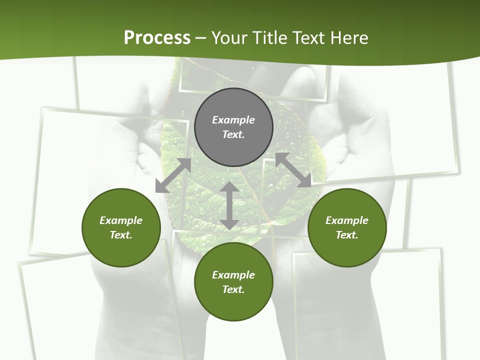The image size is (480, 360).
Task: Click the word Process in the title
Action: tap(157, 38)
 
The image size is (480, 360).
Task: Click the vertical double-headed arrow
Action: tap(229, 205)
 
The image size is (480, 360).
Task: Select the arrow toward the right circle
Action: tap(293, 170)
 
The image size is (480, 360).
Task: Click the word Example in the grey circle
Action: tap(233, 120)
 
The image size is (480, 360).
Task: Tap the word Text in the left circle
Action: tap(121, 235)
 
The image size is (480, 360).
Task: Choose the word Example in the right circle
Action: tap(347, 220)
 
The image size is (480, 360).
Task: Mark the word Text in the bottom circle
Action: tap(233, 289)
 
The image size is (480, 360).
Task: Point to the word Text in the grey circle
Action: tap(233, 134)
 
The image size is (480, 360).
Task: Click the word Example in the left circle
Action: tap(121, 220)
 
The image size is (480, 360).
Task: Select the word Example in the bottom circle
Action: tap(233, 275)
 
